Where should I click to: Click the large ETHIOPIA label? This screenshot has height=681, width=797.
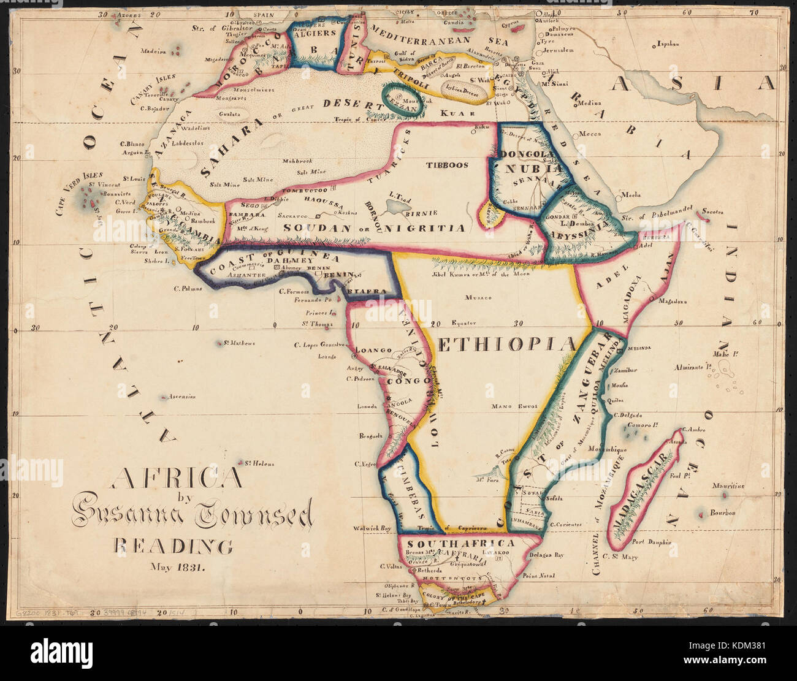[x=507, y=344]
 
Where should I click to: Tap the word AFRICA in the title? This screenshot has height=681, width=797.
[x=177, y=477]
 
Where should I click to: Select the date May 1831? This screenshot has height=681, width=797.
[x=178, y=566]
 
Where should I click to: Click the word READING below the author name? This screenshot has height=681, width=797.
[x=173, y=546]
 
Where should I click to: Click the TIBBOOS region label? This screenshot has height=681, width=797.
[x=447, y=165]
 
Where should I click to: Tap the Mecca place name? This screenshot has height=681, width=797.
[x=590, y=133]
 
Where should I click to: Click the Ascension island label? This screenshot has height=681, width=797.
[x=182, y=397]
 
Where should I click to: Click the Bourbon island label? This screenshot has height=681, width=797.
[x=722, y=512]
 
